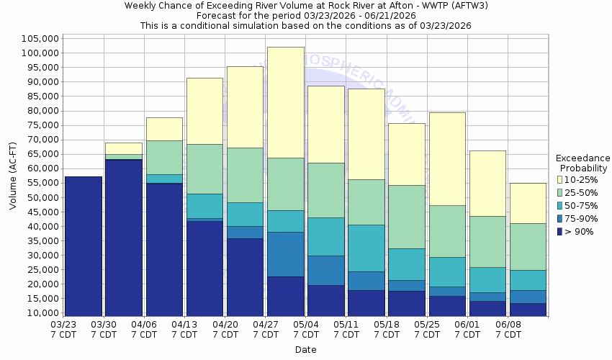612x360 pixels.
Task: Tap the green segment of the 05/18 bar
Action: pyautogui.click(x=406, y=217)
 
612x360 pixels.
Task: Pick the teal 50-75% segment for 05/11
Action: pyautogui.click(x=366, y=248)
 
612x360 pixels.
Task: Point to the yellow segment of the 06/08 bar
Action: pyautogui.click(x=527, y=203)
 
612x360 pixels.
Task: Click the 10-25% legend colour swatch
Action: pyautogui.click(x=560, y=179)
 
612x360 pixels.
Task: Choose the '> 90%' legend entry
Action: pyautogui.click(x=580, y=231)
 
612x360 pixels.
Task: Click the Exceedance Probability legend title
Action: pyautogui.click(x=583, y=163)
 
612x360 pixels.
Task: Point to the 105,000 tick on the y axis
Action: pyautogui.click(x=40, y=38)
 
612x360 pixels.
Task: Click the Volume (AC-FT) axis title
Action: pyautogui.click(x=13, y=176)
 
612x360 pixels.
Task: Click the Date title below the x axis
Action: pyautogui.click(x=305, y=350)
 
